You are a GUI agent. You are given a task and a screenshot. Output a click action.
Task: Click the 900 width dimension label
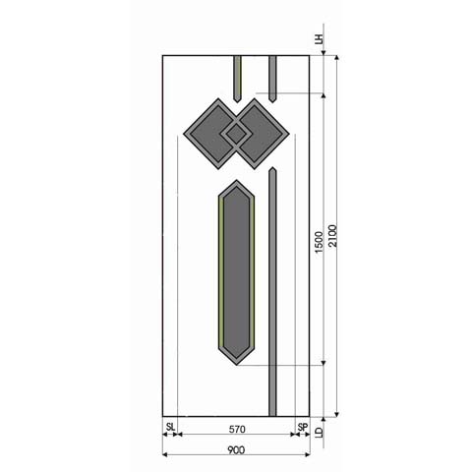pos(236,449)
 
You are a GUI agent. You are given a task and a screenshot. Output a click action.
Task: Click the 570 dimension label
pos(237,429)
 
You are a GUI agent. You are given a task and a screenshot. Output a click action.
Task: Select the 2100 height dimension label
pos(332,236)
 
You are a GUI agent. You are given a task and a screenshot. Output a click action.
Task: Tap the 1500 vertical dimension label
pos(319,242)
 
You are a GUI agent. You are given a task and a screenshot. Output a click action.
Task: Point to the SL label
pos(170,427)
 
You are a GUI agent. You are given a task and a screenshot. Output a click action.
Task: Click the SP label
pos(303,427)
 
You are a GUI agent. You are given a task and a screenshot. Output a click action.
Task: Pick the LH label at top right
pos(319,39)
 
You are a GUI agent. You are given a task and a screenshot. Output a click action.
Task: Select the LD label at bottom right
pos(319,432)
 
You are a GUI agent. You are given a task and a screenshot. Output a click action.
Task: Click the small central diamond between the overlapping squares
pos(236,134)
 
